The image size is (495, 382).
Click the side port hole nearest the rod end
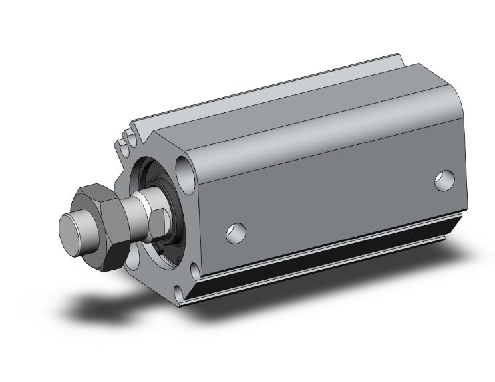pos(235,232)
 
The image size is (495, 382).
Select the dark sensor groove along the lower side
pos(333,255)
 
